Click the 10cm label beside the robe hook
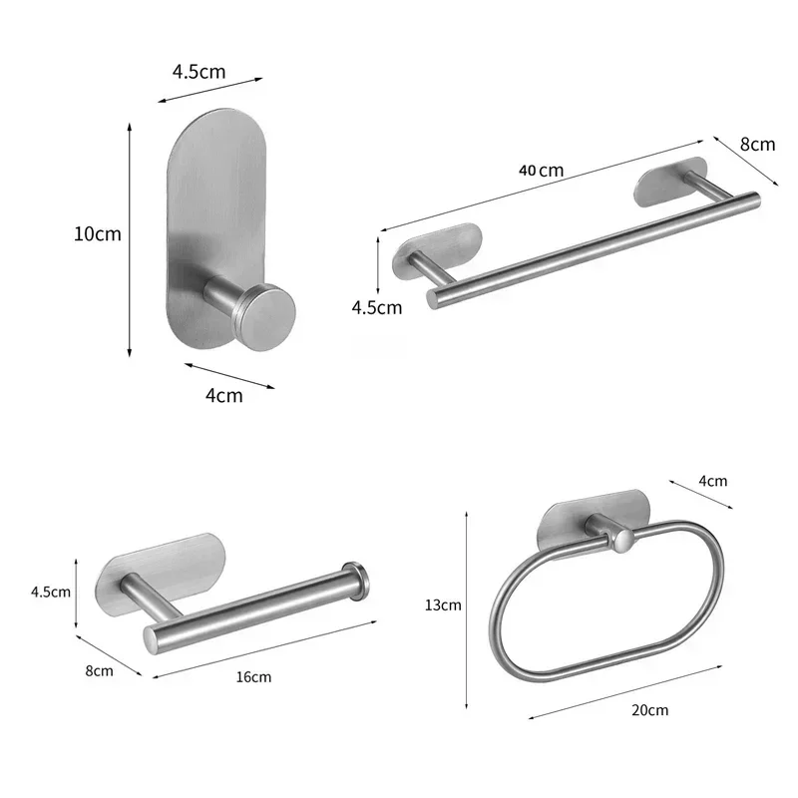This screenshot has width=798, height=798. coord(97,234)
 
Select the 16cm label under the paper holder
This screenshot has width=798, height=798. coord(253,677)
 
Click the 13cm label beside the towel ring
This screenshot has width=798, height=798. coord(442,604)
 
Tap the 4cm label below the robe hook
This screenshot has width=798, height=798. coord(223,395)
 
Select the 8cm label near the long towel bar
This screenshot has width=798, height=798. coord(757,144)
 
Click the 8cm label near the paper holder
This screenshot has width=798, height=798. coord(99,670)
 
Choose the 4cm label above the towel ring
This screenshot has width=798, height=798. coord(712,481)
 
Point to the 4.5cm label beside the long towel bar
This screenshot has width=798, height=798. coord(377,307)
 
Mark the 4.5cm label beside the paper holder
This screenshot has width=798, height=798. coord(50,592)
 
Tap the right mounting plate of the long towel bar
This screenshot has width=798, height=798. coord(671,179)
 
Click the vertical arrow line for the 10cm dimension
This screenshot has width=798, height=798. coord(130,239)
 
